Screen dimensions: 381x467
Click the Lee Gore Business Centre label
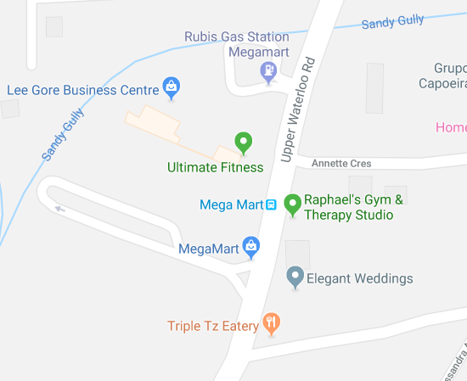point(82,89)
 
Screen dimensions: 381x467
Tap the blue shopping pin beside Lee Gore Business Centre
point(172,86)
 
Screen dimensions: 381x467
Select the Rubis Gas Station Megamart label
point(237,44)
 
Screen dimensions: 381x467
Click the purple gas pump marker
point(268,73)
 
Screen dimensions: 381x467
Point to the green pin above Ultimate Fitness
point(244,143)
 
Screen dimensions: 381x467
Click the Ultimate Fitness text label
point(215,167)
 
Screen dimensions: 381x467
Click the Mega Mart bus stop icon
point(271,205)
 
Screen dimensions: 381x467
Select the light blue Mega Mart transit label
point(230,205)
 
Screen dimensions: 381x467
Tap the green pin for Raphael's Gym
point(293,204)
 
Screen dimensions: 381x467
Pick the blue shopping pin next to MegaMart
point(250,247)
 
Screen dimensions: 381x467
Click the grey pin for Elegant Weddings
point(295,276)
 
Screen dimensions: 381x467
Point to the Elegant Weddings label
point(359,278)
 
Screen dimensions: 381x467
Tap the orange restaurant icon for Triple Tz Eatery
point(271,322)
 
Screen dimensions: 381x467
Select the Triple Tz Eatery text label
point(213,326)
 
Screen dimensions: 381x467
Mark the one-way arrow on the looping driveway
point(59,209)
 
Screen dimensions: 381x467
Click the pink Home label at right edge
point(451,127)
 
